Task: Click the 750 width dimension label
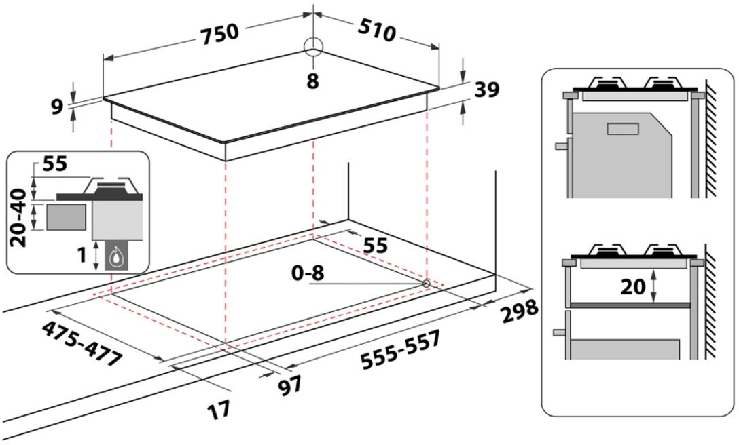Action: coord(219,33)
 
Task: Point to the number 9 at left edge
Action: coord(56,107)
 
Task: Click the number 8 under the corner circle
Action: coord(312,81)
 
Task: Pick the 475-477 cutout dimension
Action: coord(82,343)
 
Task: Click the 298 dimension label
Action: coord(520,311)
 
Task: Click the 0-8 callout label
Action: coord(308,273)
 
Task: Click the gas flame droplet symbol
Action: coord(120,256)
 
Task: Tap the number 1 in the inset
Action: coord(80,255)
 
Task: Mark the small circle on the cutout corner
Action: coord(426,283)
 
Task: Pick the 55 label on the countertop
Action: coord(375,245)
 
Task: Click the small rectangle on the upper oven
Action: coord(624,129)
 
